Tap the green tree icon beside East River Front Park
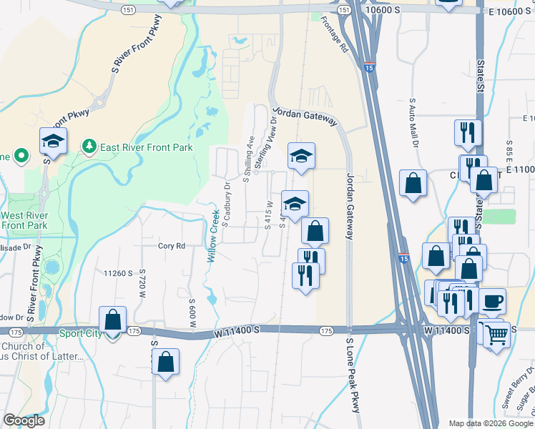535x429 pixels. pyautogui.click(x=89, y=147)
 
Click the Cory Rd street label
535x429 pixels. pyautogui.click(x=172, y=245)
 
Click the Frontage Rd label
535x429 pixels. pyautogui.click(x=334, y=35)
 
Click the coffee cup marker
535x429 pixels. pyautogui.click(x=492, y=302)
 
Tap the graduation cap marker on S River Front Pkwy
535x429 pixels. pyautogui.click(x=53, y=142)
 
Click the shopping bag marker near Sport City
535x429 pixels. pyautogui.click(x=112, y=320)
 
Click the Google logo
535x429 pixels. pyautogui.click(x=24, y=420)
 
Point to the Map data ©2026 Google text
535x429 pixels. pyautogui.click(x=490, y=423)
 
